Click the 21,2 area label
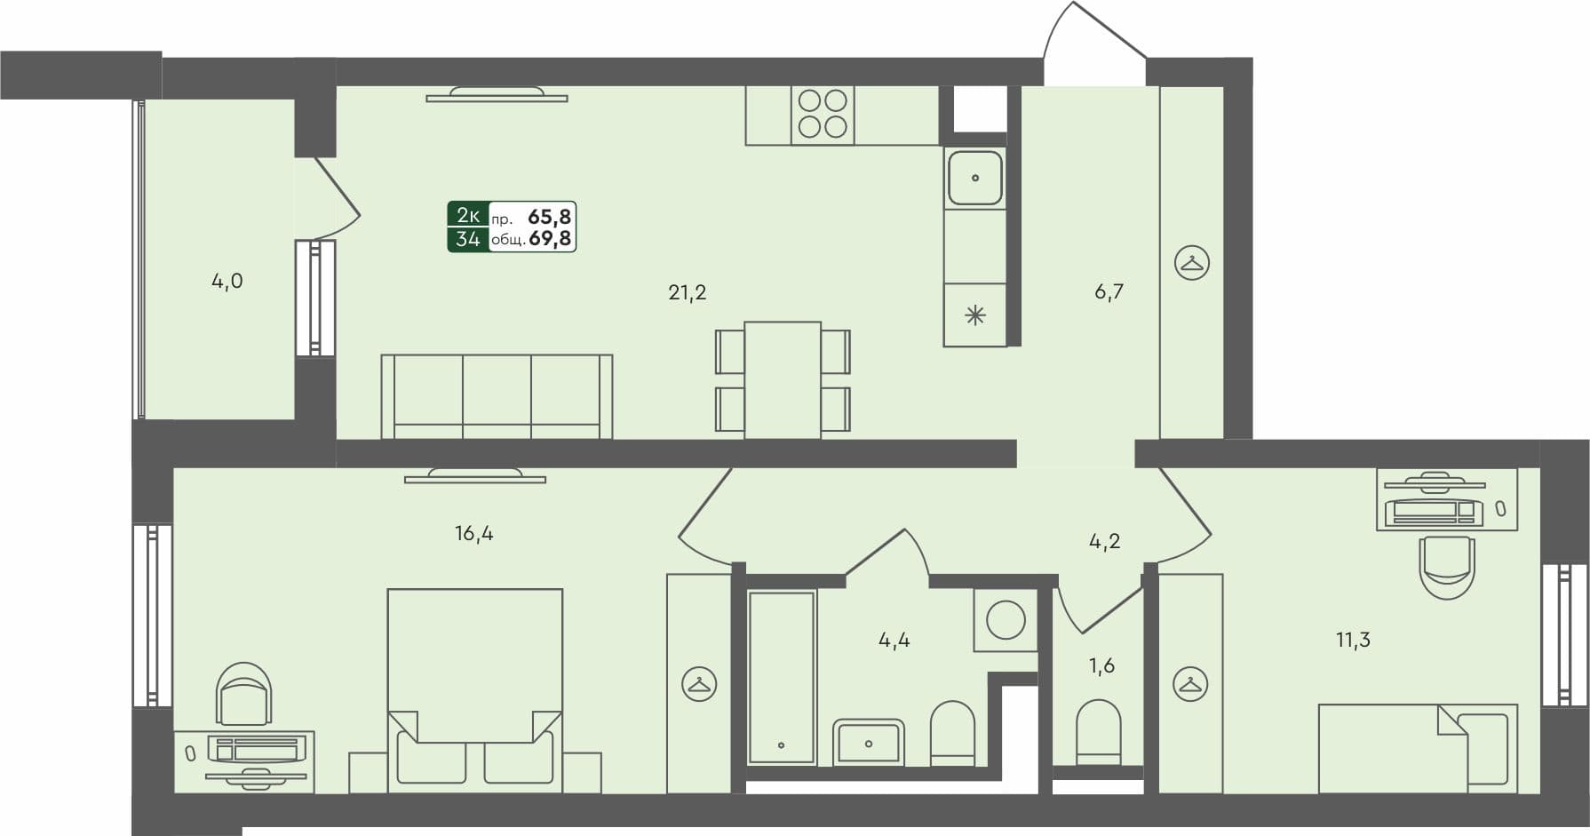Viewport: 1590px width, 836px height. pyautogui.click(x=687, y=292)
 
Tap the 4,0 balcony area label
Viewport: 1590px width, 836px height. pyautogui.click(x=227, y=282)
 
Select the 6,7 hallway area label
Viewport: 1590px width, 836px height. pyautogui.click(x=1109, y=292)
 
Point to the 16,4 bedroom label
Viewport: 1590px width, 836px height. pyautogui.click(x=473, y=534)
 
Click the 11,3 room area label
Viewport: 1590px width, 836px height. pyautogui.click(x=1353, y=640)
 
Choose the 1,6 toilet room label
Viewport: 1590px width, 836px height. pyautogui.click(x=1101, y=665)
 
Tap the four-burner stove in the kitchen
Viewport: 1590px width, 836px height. pyautogui.click(x=823, y=115)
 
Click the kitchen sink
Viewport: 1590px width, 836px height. pyautogui.click(x=974, y=178)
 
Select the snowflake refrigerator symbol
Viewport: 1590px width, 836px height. pyautogui.click(x=974, y=315)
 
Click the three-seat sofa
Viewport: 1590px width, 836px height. pyautogui.click(x=497, y=396)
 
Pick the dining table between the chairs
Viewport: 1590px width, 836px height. pyautogui.click(x=782, y=379)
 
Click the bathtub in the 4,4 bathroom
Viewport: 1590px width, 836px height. pyautogui.click(x=781, y=677)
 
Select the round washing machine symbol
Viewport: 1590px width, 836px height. pyautogui.click(x=1006, y=619)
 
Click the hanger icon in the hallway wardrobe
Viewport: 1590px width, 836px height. pyautogui.click(x=1191, y=263)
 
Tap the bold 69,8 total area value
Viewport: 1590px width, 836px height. pyautogui.click(x=549, y=238)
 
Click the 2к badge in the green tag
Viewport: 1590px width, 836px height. pyautogui.click(x=468, y=215)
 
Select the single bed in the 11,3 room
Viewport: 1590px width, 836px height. pyautogui.click(x=1417, y=748)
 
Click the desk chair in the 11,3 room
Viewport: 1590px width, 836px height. pyautogui.click(x=1447, y=567)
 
